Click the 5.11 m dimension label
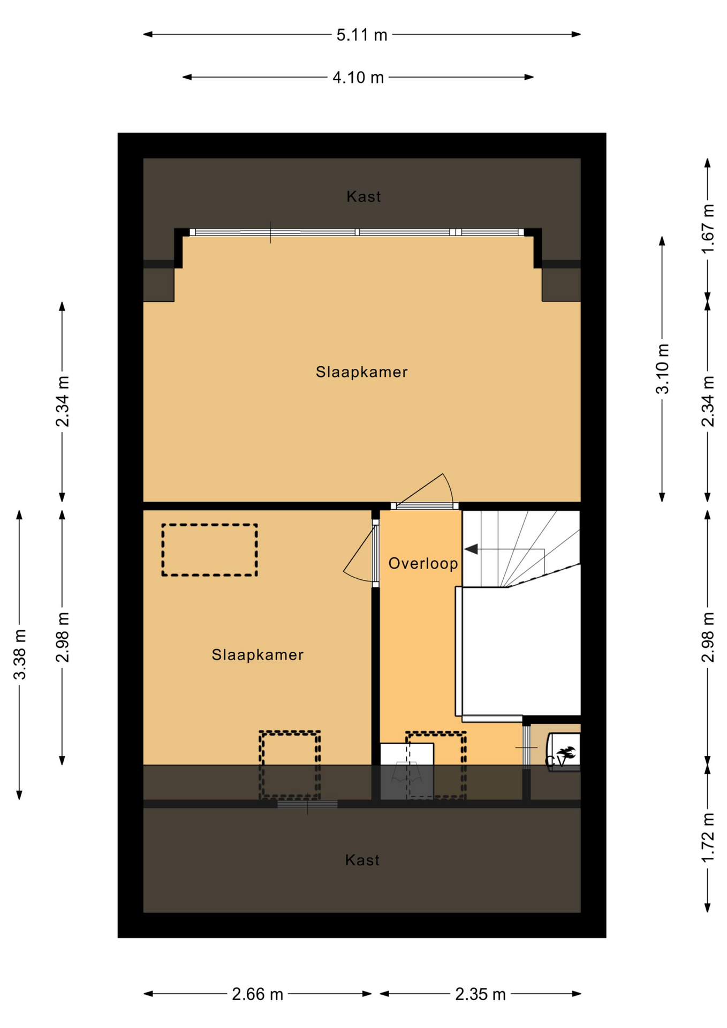(361, 35)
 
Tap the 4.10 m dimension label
(358, 78)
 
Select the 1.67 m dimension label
(708, 229)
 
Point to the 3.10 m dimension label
(663, 369)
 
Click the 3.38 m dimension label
(20, 654)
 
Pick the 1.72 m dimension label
(708, 837)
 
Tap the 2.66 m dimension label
(258, 995)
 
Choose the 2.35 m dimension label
(480, 995)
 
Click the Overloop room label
(423, 563)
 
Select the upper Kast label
(363, 196)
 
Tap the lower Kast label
(362, 860)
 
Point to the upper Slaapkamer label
(361, 372)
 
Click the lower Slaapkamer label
(258, 655)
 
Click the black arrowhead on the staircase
(471, 549)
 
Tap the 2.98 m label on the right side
(708, 637)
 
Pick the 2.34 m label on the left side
(63, 402)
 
